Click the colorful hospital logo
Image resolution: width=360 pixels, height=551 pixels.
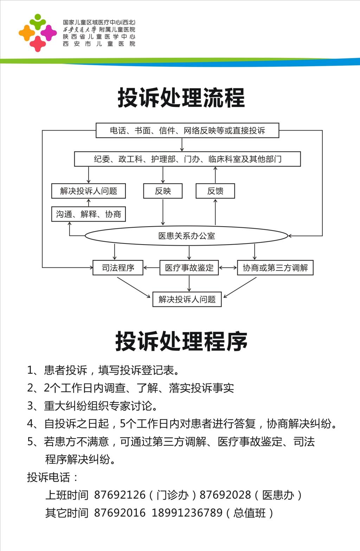tap(38, 33)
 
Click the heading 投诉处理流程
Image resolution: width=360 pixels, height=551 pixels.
tap(181, 98)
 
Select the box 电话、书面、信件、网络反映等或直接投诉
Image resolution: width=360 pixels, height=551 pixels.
tap(187, 131)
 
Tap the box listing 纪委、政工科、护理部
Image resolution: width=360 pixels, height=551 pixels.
tap(187, 159)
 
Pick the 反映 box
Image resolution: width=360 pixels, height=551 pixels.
tap(163, 191)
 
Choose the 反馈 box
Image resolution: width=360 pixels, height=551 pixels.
tap(215, 191)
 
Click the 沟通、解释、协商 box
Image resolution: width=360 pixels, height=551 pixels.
tap(89, 214)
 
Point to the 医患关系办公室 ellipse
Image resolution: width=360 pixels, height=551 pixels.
tap(186, 236)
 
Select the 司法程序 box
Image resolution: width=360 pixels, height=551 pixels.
tap(118, 268)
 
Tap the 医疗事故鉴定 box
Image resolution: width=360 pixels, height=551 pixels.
tap(189, 268)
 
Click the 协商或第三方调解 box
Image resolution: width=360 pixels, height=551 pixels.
tap(275, 268)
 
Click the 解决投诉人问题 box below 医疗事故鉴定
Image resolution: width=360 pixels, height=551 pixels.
tap(187, 299)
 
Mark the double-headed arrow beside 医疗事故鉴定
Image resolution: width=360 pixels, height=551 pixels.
tap(228, 268)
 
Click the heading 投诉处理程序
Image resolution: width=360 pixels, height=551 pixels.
tap(181, 341)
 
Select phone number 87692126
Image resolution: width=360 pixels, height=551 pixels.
tap(120, 495)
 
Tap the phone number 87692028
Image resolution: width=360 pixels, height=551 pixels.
tap(225, 495)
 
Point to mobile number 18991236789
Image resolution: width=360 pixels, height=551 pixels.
tap(187, 513)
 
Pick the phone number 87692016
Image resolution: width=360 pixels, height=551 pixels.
tap(120, 513)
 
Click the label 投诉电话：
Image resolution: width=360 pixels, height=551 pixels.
tap(52, 477)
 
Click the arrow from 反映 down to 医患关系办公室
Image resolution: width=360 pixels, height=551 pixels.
tap(163, 212)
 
